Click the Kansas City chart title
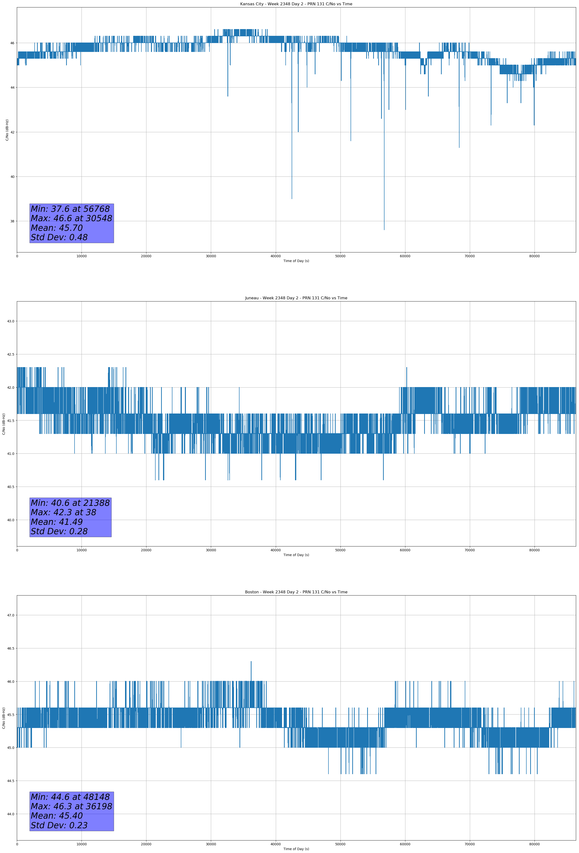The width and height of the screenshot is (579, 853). point(296,4)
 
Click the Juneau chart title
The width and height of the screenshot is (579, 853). point(296,298)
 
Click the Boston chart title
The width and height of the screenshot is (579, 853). point(296,592)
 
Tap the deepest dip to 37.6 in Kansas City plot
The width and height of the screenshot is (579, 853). point(384,229)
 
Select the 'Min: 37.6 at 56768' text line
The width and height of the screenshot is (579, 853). point(70,209)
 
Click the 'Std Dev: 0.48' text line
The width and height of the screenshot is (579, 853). point(59,238)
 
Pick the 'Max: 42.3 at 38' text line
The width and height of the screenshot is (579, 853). point(63,512)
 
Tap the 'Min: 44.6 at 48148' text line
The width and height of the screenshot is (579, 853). point(70,797)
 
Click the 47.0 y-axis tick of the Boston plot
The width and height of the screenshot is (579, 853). point(11,615)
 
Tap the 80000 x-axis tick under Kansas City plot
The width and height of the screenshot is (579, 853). point(535,256)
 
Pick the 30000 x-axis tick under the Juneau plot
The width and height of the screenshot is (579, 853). point(211,550)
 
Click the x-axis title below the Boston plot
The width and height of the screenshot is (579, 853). point(296,849)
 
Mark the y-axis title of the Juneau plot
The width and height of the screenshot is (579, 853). point(4,424)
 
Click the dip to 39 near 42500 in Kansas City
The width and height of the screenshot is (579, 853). point(292,198)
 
